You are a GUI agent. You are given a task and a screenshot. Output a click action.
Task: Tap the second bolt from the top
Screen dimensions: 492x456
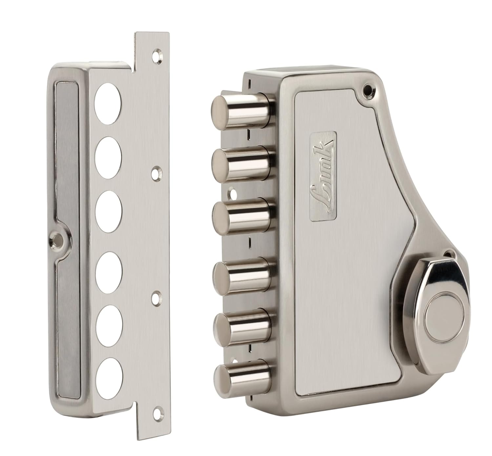(x=241, y=164)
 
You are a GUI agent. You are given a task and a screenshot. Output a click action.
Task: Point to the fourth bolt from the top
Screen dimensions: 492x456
(x=242, y=276)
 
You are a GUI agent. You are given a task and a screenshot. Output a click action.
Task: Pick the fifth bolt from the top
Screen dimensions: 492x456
(x=242, y=329)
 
